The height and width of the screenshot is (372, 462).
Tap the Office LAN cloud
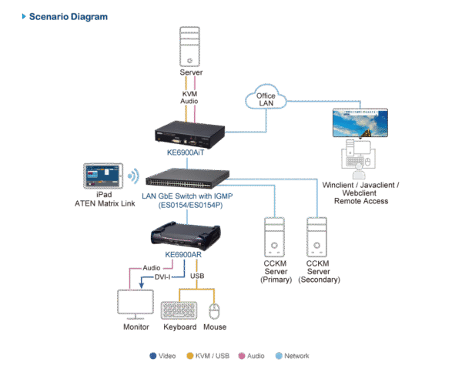point(264,99)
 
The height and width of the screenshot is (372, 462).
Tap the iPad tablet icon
point(105,176)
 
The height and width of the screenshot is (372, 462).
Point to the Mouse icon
point(215,310)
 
